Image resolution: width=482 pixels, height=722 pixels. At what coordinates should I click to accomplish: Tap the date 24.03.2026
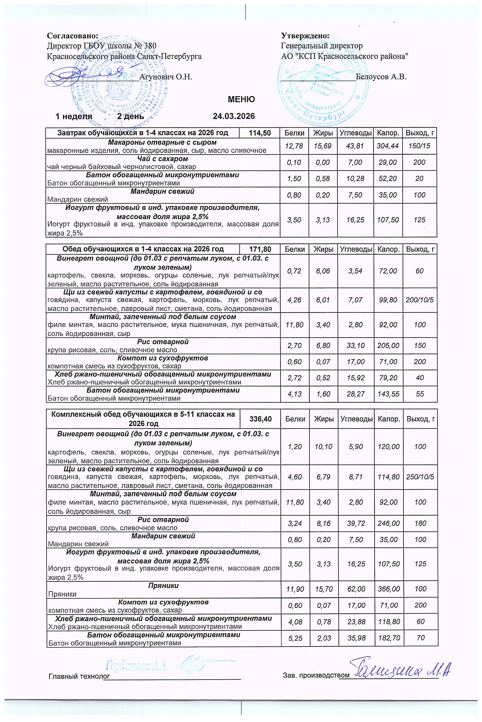[x=234, y=116]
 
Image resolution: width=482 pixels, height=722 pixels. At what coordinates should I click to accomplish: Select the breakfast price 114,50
[x=260, y=133]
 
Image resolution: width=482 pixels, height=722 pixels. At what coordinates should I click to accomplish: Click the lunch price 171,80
[x=260, y=249]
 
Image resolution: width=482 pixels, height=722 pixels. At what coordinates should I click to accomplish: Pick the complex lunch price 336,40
[x=261, y=419]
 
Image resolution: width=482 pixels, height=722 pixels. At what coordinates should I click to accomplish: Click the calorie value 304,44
[x=388, y=146]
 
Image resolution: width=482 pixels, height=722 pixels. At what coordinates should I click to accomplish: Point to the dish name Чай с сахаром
[x=163, y=159]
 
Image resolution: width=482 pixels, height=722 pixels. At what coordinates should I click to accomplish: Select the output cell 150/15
[x=419, y=146]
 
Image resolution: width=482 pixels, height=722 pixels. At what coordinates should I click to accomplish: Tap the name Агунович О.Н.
[x=166, y=77]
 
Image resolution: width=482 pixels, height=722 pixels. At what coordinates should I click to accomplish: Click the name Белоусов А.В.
[x=381, y=77]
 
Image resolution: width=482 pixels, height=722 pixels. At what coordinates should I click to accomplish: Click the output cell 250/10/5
[x=420, y=477]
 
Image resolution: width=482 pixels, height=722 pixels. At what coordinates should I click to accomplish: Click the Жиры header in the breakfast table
[x=323, y=133]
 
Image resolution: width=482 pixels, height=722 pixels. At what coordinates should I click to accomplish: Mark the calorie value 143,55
[x=388, y=394]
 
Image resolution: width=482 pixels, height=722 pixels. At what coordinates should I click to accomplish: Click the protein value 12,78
[x=294, y=146]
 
